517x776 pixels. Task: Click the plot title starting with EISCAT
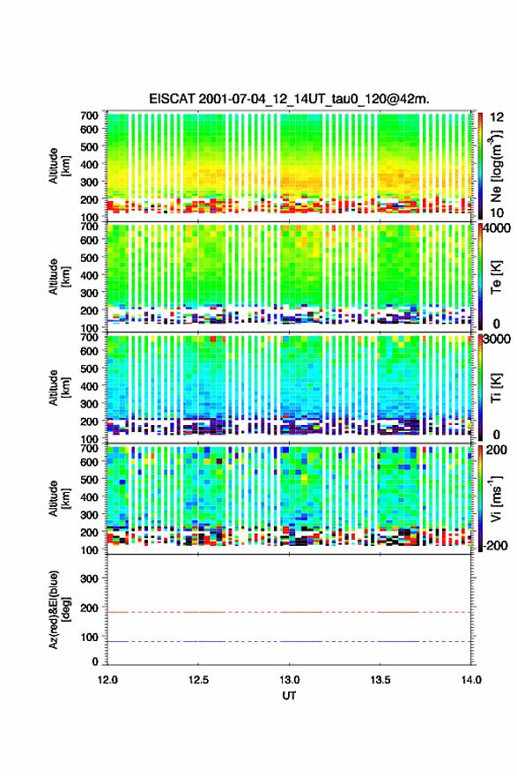(289, 99)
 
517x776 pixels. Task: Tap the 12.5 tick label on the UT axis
(198, 680)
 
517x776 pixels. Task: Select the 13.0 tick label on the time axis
(289, 680)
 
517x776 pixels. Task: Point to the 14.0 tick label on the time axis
(471, 680)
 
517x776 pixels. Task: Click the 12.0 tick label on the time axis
(107, 680)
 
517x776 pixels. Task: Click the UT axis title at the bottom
(289, 696)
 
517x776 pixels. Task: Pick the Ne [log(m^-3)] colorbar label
(497, 166)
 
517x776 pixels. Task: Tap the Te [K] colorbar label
(497, 277)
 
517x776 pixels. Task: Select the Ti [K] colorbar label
(497, 387)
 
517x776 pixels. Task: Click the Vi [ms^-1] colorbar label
(496, 498)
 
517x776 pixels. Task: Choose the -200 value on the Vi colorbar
(495, 546)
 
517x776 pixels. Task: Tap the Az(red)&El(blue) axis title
(58, 609)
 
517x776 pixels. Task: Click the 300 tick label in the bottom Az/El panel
(89, 578)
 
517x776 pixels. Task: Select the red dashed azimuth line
(289, 612)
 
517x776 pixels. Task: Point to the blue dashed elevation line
(289, 641)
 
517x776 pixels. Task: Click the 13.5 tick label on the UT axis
(380, 680)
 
